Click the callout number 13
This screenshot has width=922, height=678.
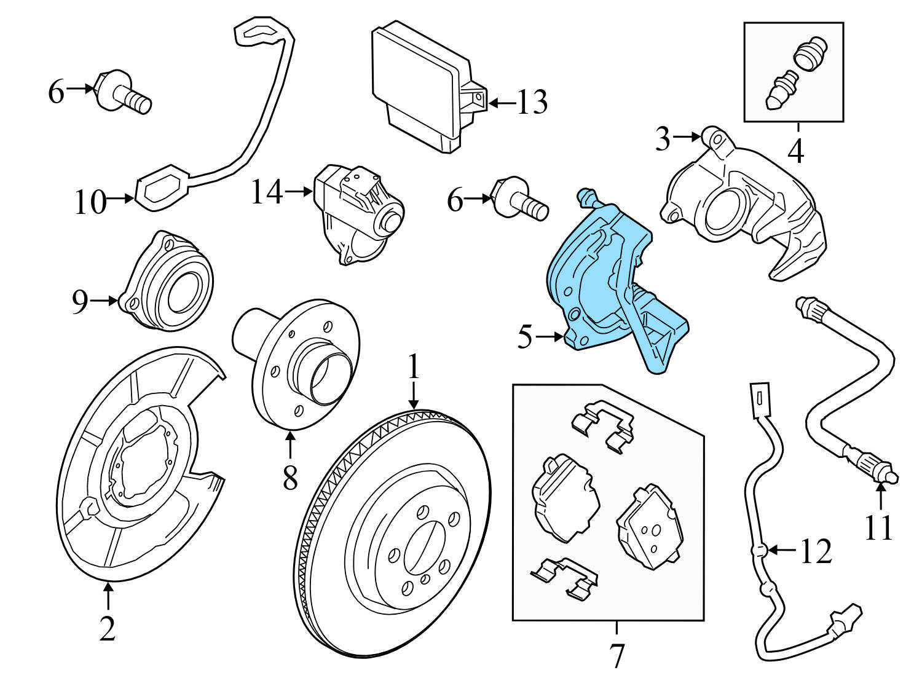coord(532,103)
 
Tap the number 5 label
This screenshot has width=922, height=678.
coord(524,337)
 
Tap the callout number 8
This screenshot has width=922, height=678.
coord(290,477)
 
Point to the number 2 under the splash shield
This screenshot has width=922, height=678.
coord(107,628)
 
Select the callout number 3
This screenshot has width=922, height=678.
coord(661,140)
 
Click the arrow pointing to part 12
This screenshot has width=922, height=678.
coord(781,550)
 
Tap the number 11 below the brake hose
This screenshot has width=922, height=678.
coord(878,527)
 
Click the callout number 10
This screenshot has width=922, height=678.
coord(90,202)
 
